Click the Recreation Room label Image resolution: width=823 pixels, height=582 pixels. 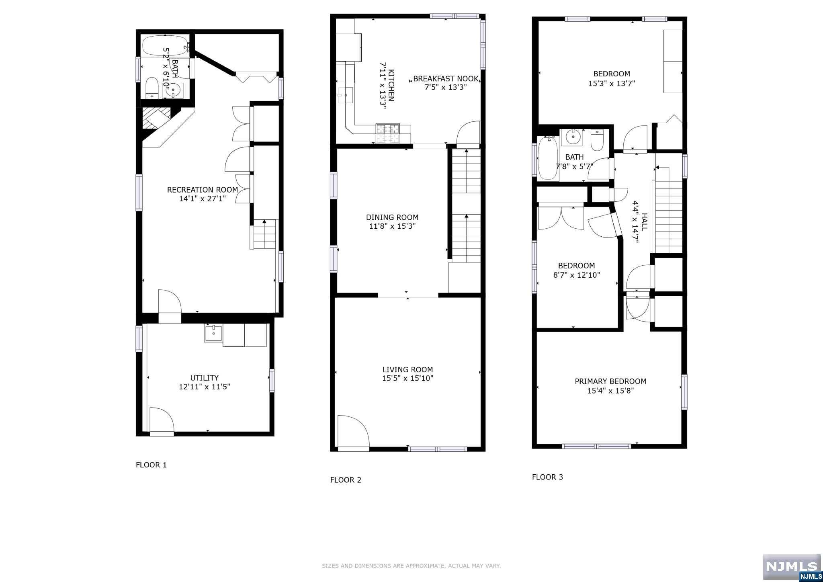click(x=203, y=190)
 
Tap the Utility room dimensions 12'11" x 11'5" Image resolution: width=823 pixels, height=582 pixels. click(x=205, y=387)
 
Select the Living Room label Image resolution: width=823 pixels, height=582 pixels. click(x=407, y=369)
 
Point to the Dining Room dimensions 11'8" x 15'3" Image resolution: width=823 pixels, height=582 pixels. click(x=392, y=226)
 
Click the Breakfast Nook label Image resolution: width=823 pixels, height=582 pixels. click(x=446, y=79)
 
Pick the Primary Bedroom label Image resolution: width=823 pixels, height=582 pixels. click(x=610, y=381)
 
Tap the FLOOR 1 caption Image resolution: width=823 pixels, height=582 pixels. click(x=151, y=465)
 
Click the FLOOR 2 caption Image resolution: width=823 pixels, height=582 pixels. click(x=346, y=480)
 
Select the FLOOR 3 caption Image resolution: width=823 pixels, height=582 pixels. click(x=547, y=477)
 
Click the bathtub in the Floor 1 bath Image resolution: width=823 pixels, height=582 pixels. click(x=165, y=47)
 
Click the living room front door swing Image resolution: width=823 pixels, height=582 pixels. click(x=353, y=431)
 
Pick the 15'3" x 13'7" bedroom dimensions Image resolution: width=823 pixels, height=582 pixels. click(x=612, y=84)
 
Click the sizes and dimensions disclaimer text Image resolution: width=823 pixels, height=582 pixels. click(x=411, y=566)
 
